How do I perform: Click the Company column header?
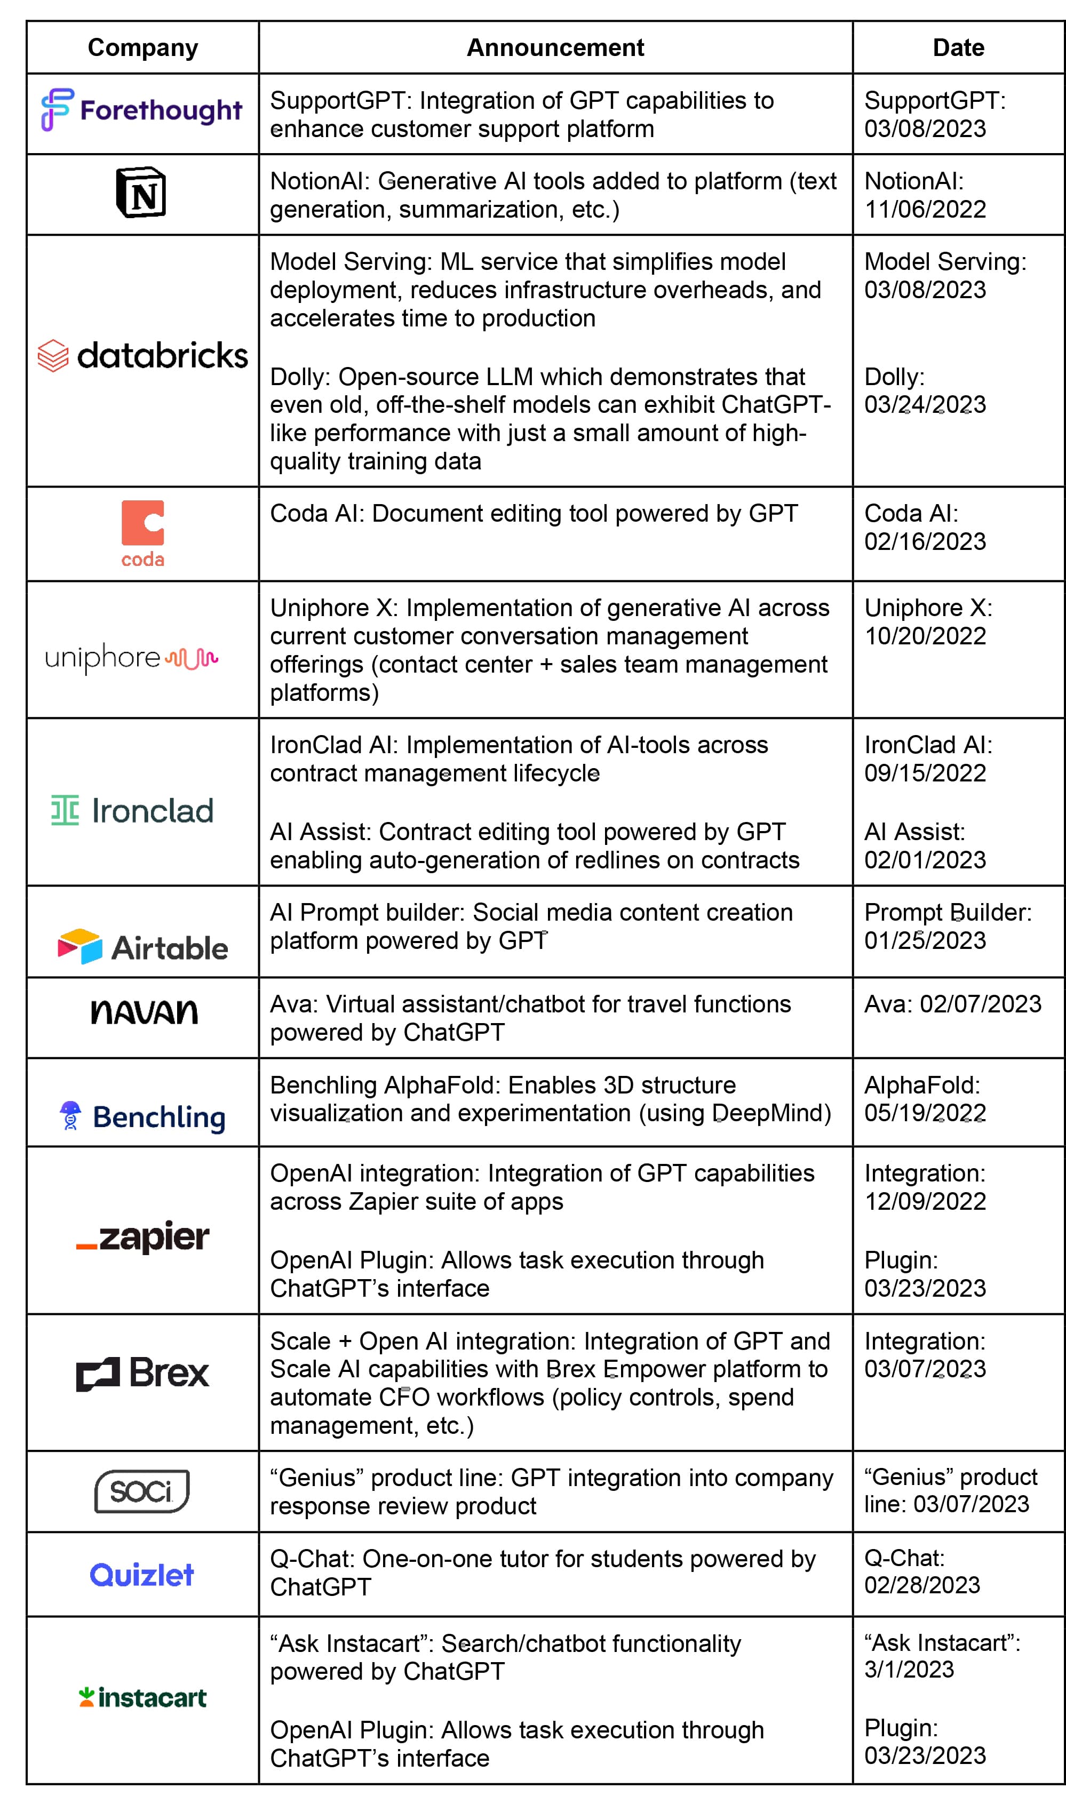click(x=142, y=47)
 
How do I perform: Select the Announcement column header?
click(x=555, y=47)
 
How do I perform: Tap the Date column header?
click(x=958, y=47)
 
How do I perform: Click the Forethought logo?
click(x=141, y=110)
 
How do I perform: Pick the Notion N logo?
click(x=141, y=193)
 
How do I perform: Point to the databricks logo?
click(x=142, y=355)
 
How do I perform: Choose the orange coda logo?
click(x=142, y=533)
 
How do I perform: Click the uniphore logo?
click(x=131, y=657)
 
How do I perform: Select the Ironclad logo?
click(x=133, y=811)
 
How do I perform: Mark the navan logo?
click(x=144, y=1012)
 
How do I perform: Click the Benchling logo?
click(x=142, y=1116)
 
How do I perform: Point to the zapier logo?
click(x=143, y=1236)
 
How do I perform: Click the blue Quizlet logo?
click(x=141, y=1575)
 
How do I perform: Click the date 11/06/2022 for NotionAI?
click(x=925, y=210)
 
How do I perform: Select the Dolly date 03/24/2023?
click(x=925, y=404)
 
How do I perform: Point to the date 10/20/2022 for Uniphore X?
click(x=925, y=636)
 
